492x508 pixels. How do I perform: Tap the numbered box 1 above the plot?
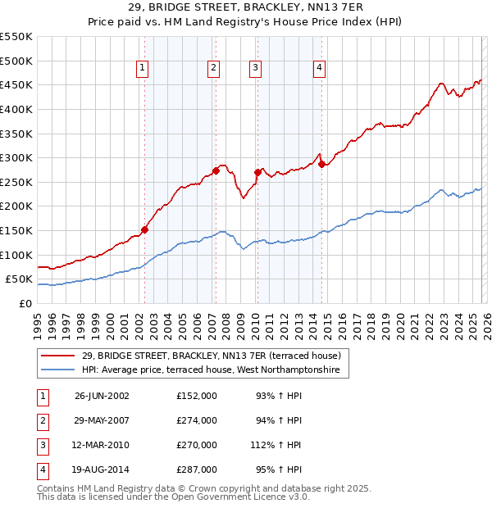[143, 68]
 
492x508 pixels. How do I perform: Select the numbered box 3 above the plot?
[256, 68]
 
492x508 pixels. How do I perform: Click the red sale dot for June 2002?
[144, 230]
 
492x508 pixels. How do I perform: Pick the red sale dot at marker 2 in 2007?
[216, 170]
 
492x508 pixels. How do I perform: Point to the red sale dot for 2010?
[257, 172]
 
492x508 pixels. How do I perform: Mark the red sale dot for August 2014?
[321, 164]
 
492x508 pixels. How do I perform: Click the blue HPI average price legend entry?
[216, 371]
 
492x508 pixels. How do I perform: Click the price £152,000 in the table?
[197, 396]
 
